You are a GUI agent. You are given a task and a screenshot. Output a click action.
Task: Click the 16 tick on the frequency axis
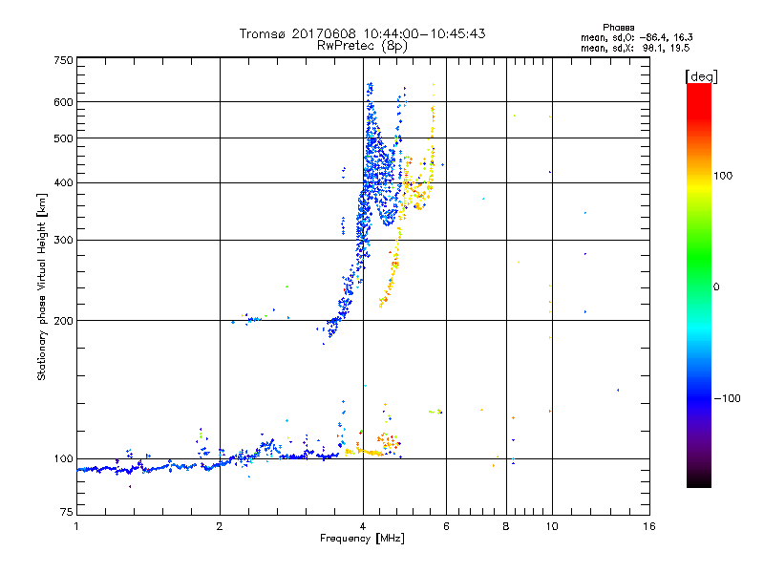click(x=648, y=527)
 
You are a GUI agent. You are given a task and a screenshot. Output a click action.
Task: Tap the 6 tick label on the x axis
click(x=447, y=527)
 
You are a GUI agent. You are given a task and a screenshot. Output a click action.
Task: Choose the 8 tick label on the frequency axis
click(x=506, y=527)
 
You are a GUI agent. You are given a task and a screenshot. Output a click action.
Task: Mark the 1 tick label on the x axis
click(x=76, y=527)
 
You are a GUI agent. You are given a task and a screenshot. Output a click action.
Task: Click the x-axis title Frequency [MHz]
click(x=362, y=539)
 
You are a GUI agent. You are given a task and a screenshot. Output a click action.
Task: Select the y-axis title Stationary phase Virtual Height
click(x=42, y=286)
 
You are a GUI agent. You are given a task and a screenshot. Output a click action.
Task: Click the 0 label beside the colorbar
click(x=716, y=286)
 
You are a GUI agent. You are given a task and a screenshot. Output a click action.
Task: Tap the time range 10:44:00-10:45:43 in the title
click(x=416, y=33)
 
